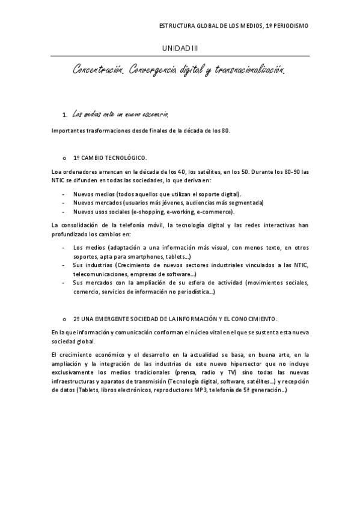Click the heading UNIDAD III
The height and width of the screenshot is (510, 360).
tap(180, 48)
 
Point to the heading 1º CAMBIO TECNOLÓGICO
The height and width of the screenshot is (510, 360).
tap(109, 158)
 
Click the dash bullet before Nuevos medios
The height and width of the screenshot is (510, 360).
tap(64, 194)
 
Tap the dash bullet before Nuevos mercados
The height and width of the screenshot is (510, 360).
tap(64, 203)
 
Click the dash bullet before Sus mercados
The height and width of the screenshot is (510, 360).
tap(64, 282)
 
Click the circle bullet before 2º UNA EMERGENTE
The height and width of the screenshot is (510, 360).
tap(64, 318)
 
